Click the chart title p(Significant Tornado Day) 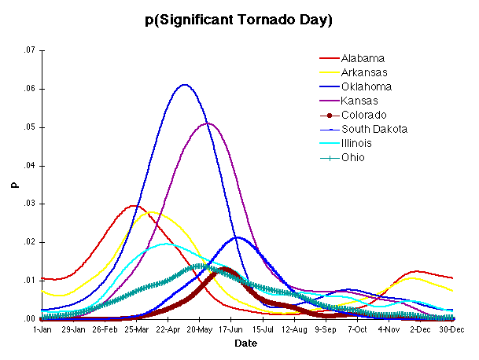coord(239,20)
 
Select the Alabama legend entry coord(362,58)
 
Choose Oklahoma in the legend coord(365,86)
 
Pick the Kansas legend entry coord(359,101)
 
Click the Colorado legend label coord(363,115)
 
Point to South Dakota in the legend coord(373,129)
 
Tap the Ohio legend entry coord(352,157)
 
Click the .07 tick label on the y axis coord(30,50)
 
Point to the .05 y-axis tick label coord(30,127)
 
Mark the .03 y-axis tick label coord(30,204)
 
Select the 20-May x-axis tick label coord(199,329)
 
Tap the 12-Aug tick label coord(294,329)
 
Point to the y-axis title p coord(12,185)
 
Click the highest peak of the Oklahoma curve coord(184,85)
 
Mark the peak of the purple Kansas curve coord(208,123)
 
